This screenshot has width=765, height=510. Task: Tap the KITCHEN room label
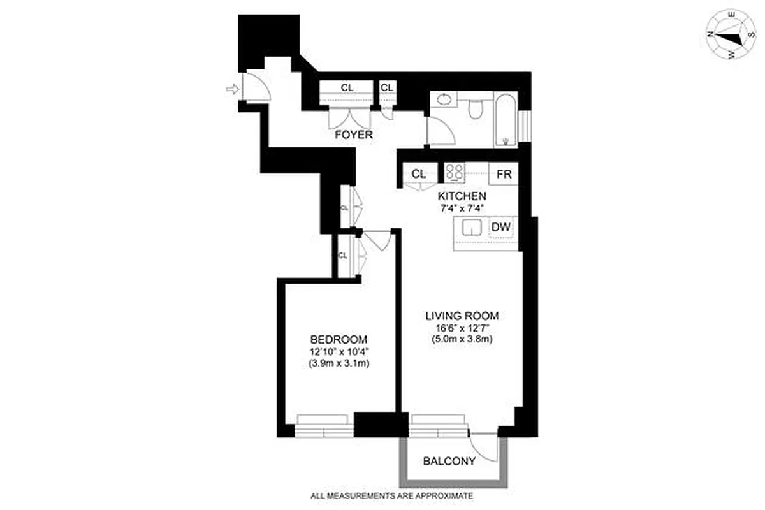click(462, 196)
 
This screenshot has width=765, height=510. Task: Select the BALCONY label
click(449, 461)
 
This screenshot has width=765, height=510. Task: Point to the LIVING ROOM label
click(462, 316)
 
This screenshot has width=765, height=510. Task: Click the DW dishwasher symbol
click(502, 226)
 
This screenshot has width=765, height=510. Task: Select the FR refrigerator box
click(504, 174)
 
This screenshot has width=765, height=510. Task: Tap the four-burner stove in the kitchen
click(455, 173)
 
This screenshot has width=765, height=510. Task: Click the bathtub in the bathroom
click(506, 120)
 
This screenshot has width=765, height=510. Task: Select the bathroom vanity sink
click(442, 101)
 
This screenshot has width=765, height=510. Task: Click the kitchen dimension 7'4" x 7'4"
click(462, 208)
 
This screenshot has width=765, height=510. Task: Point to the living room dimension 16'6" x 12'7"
click(462, 328)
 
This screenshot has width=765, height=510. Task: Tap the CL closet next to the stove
click(418, 174)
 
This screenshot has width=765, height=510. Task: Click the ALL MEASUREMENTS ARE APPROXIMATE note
click(391, 495)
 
